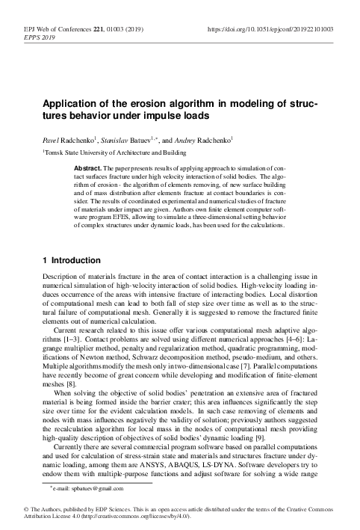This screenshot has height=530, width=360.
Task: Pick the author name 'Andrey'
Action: [x=193, y=139]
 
